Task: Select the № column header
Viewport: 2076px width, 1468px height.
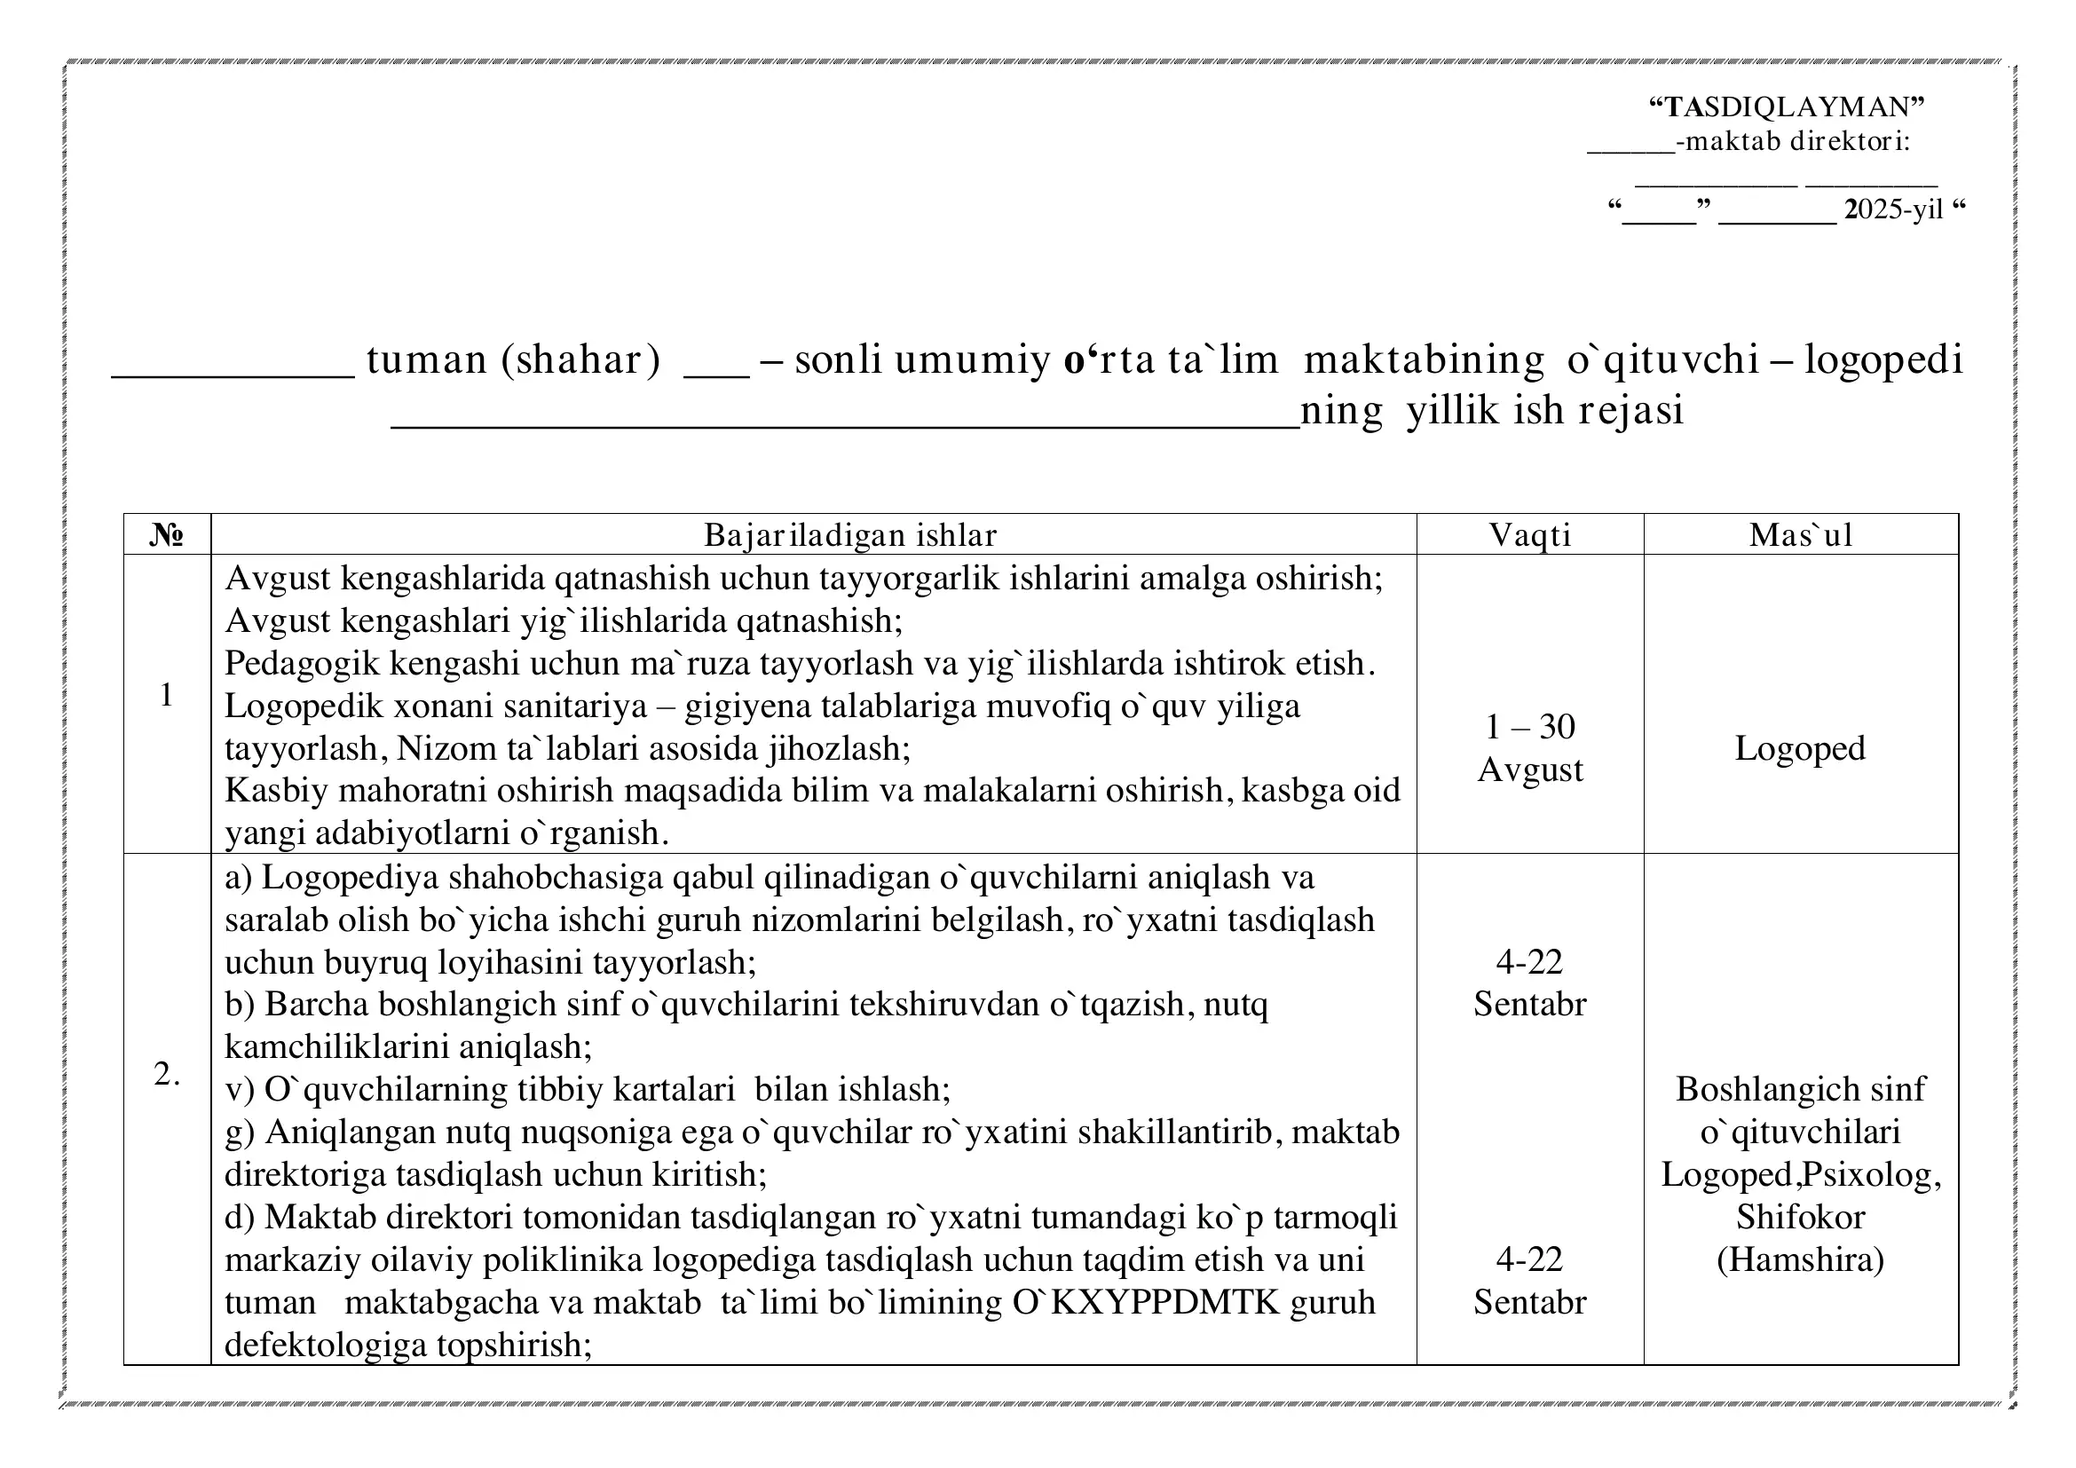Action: point(166,535)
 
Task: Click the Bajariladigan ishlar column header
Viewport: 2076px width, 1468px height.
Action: point(850,535)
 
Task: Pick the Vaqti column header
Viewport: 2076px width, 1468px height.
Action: point(1530,535)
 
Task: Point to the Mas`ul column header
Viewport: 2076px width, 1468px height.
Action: point(1800,535)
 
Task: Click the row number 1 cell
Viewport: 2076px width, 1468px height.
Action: point(166,695)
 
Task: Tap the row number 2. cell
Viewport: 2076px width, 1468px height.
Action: point(166,1074)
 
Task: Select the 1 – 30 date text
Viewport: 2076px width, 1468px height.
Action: point(1530,727)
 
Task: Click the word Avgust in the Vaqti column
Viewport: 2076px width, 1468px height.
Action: point(1530,770)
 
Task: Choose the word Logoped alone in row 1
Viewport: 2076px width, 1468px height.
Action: point(1799,748)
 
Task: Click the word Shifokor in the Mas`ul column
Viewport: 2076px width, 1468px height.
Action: point(1800,1218)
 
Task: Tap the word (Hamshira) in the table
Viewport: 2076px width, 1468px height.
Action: point(1800,1260)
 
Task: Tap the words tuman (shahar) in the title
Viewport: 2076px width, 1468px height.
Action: point(513,359)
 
